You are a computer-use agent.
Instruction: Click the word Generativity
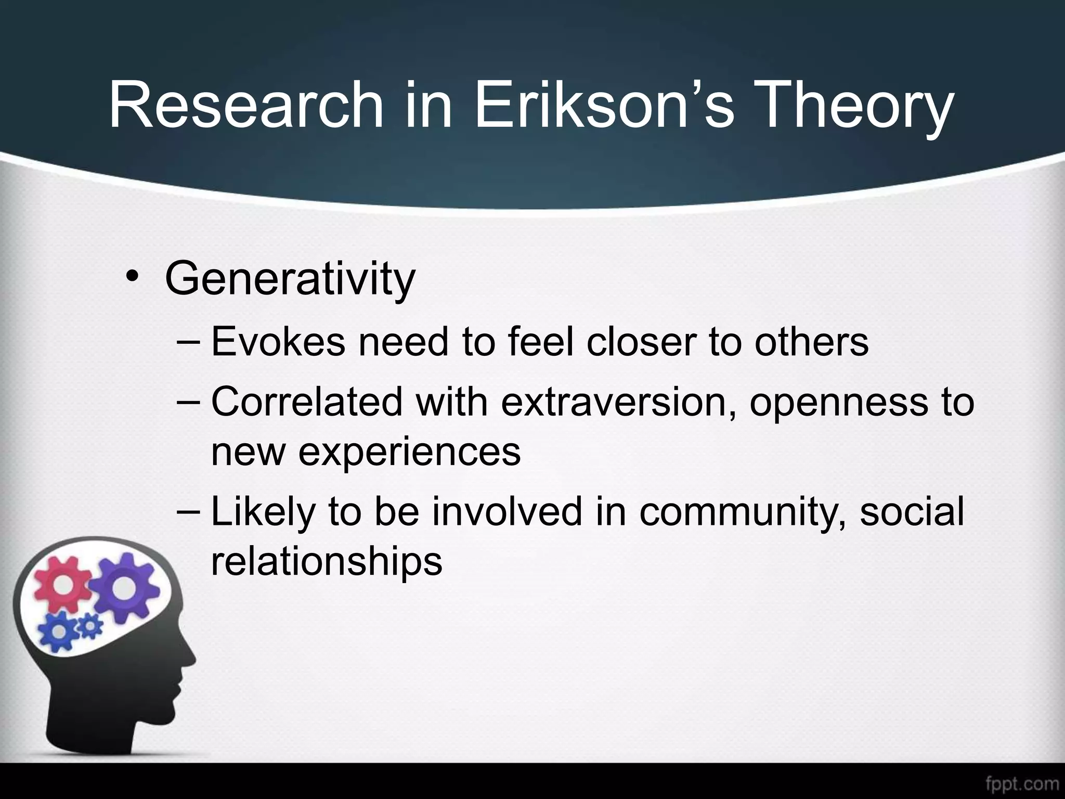coord(290,279)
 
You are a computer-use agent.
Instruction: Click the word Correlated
coord(307,402)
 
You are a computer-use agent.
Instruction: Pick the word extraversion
coord(618,402)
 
